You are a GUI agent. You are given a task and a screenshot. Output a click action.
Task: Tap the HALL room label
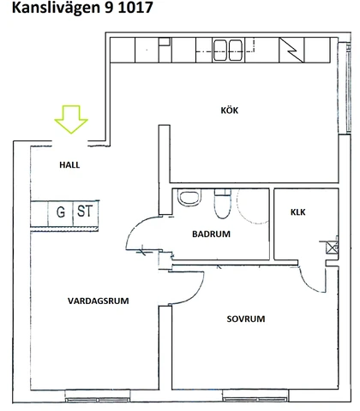click(69, 165)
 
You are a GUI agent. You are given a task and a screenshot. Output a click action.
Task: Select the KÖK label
click(230, 110)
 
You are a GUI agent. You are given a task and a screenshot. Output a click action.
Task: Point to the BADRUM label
click(211, 234)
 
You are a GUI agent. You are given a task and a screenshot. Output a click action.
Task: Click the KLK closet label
click(297, 212)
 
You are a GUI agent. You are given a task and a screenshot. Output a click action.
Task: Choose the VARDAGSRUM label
click(99, 301)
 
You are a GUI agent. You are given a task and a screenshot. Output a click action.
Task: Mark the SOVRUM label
click(246, 319)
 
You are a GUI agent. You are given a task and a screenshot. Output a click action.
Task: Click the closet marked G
click(61, 213)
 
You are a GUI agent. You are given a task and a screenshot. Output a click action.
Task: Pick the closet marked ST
click(86, 213)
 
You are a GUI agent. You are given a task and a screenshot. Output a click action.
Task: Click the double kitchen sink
click(228, 51)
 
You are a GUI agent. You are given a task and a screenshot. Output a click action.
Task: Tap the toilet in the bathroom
click(223, 203)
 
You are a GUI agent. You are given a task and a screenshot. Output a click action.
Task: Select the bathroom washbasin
click(189, 197)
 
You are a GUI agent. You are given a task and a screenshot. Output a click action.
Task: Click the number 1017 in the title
click(135, 8)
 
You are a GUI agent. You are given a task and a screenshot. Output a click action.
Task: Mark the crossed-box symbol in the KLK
click(332, 247)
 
